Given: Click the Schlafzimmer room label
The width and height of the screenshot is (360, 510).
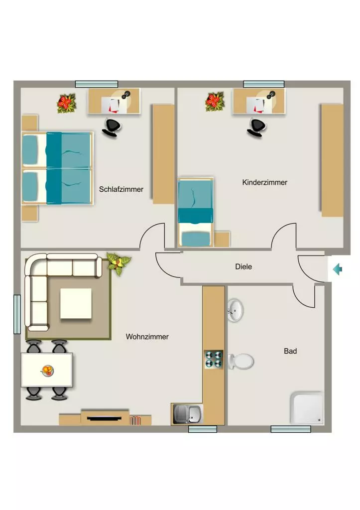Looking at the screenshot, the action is coord(121,189).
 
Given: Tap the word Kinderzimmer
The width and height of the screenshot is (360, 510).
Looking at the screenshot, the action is coord(265,182).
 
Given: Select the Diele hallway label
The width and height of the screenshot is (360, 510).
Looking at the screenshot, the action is coord(243,267).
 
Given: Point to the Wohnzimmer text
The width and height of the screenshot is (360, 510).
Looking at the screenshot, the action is coord(147,337).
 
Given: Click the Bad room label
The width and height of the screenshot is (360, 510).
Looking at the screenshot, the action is coord(290,351).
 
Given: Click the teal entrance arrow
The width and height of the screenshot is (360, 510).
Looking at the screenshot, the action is coord(338,269).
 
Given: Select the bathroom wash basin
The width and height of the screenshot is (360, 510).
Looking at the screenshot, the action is coord(235,310).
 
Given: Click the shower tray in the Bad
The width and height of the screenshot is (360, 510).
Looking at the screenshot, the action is coord(307,408).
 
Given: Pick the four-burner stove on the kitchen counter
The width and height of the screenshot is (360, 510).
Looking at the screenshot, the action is coord(214,359).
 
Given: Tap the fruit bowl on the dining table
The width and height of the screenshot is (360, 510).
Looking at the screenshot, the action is coord(47,370).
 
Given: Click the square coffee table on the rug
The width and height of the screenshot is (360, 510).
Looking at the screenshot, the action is coord(76,303).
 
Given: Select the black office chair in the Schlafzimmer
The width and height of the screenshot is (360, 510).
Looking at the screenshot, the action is coord(111,127).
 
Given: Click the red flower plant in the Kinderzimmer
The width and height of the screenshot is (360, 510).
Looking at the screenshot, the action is coord(215,101).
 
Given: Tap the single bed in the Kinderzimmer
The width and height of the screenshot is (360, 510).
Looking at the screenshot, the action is coord(196,212).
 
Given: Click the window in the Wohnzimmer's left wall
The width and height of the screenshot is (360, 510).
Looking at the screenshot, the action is coord(17,314).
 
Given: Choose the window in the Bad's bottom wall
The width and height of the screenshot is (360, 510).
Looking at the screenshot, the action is coord(291,429).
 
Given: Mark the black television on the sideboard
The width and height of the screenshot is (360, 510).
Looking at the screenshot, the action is coord(104,418).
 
